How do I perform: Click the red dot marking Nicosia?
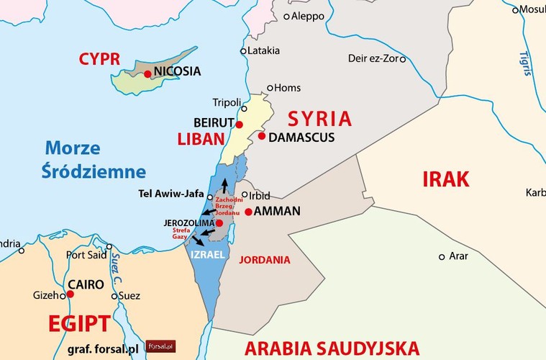point(147,73)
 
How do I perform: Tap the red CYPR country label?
point(99,58)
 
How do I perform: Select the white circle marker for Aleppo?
point(286,16)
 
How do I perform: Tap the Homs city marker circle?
point(270,89)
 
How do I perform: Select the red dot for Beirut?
point(240,125)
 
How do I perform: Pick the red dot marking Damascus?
point(262,136)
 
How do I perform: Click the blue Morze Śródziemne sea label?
point(94,160)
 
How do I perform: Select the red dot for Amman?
point(248,212)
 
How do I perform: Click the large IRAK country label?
point(445,179)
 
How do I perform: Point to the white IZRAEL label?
point(208,255)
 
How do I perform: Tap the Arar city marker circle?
point(442,256)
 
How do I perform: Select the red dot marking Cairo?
point(70,294)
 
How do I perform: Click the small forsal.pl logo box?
point(160,346)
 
